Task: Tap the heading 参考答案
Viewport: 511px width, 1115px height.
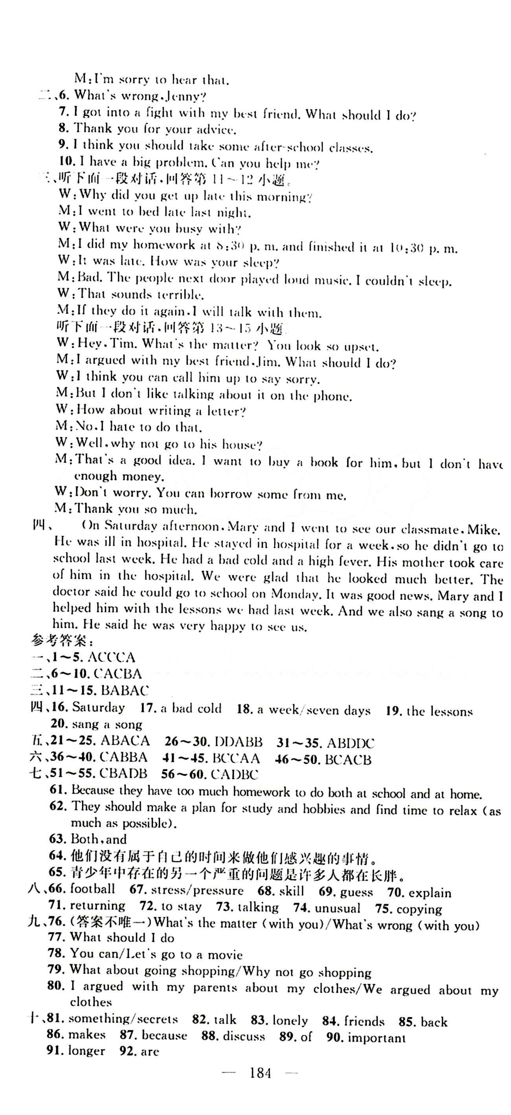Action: coord(61,640)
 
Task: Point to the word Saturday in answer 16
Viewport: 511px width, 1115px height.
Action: coord(98,708)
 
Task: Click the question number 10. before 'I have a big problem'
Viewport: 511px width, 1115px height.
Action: coord(67,162)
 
